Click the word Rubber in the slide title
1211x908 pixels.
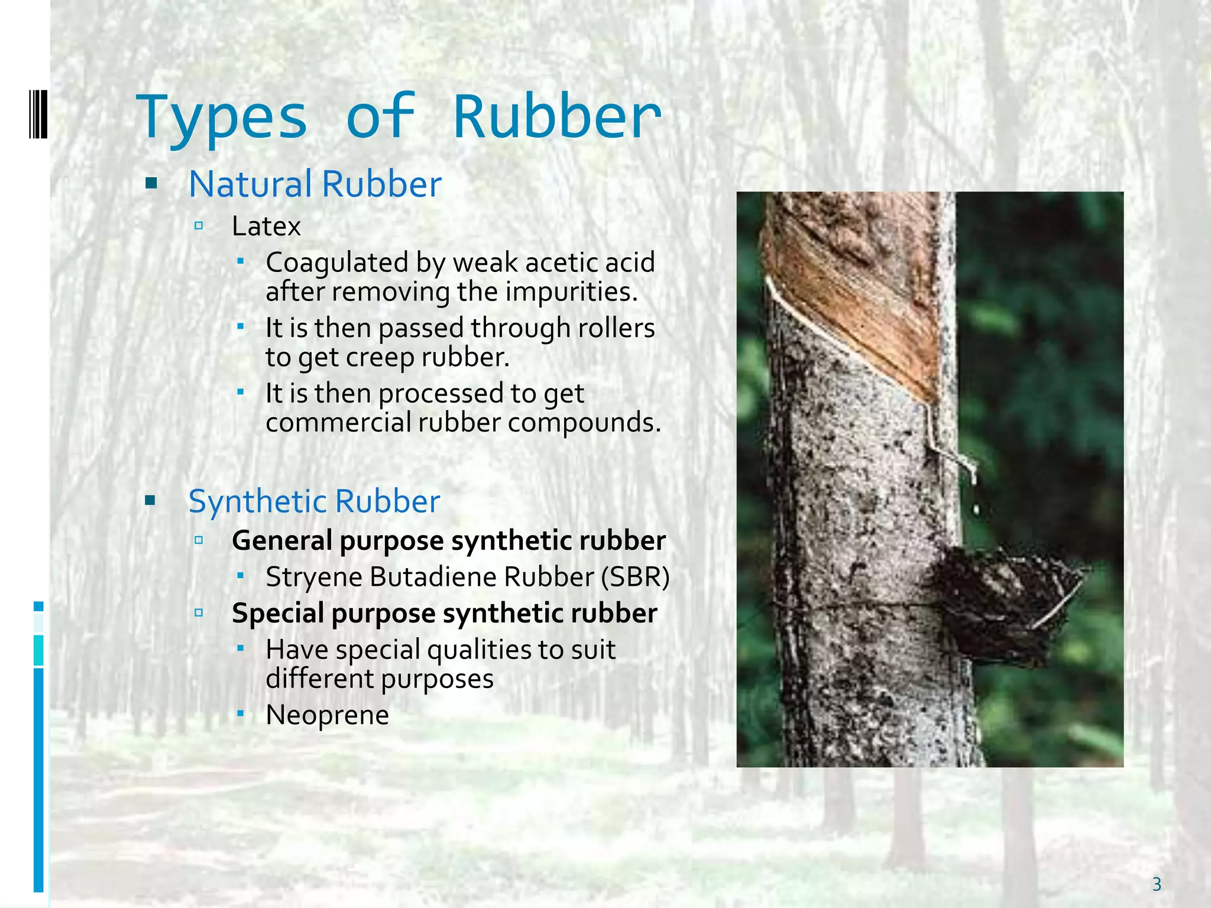[557, 117]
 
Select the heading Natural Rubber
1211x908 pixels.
[315, 184]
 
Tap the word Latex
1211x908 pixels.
[266, 226]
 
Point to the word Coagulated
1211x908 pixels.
[337, 262]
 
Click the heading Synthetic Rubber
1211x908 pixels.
[314, 501]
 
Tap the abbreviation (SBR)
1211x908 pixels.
[635, 577]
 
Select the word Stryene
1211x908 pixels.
[313, 577]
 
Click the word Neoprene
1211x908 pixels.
[327, 715]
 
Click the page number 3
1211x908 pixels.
[1157, 884]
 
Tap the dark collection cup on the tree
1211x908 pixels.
[1005, 603]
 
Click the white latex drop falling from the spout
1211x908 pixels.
[975, 507]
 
